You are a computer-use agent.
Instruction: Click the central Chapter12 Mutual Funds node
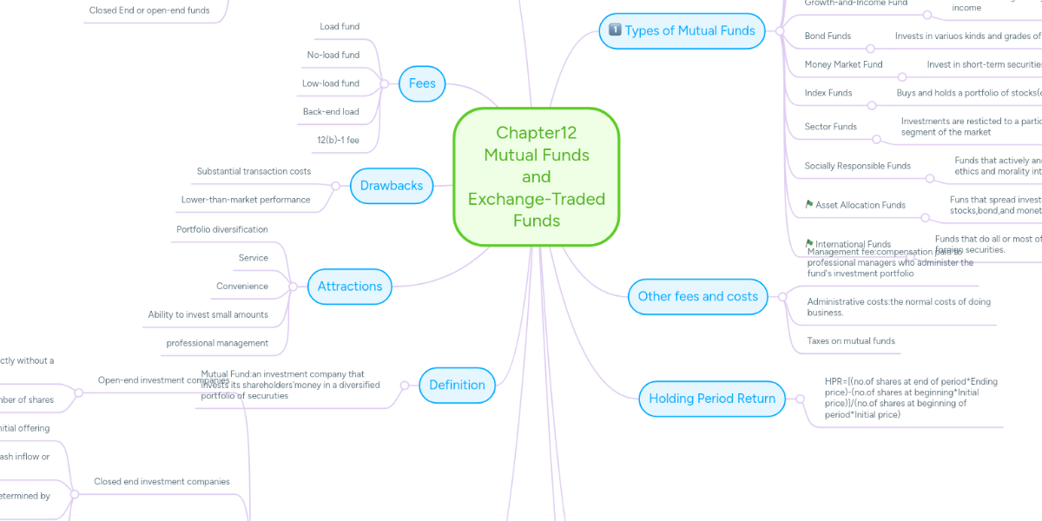(x=536, y=176)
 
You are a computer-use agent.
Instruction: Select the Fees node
(x=422, y=84)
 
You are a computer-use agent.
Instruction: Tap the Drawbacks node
(x=391, y=185)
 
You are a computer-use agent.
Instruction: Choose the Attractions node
(x=349, y=286)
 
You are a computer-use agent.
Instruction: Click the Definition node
(x=457, y=385)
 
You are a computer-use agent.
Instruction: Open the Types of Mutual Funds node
(x=681, y=30)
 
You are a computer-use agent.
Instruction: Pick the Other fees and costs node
(x=697, y=296)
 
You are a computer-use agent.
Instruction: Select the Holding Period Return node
(x=712, y=399)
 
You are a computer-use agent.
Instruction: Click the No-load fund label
(x=333, y=55)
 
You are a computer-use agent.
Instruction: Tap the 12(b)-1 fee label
(x=338, y=139)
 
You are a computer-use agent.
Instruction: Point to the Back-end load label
(x=330, y=111)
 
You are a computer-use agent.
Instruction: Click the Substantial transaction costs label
(x=254, y=171)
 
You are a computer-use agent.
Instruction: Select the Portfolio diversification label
(x=221, y=229)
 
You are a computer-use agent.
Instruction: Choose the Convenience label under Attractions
(x=241, y=286)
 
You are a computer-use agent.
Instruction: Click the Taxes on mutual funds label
(x=850, y=340)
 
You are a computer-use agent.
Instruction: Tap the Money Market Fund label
(x=843, y=64)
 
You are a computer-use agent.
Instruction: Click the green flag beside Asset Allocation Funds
(x=809, y=205)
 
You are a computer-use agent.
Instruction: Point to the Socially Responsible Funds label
(x=857, y=166)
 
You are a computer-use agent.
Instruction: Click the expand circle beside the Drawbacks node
(x=336, y=185)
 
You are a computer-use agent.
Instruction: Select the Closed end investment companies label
(x=162, y=481)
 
